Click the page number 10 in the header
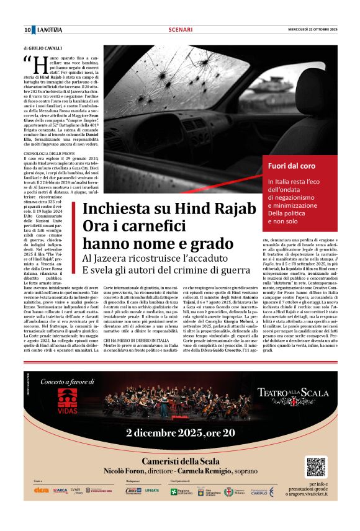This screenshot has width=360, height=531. [x=27, y=30]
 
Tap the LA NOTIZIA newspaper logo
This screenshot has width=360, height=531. [x=50, y=30]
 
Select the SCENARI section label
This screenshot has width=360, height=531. [x=179, y=30]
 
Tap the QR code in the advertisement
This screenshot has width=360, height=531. [x=316, y=466]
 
